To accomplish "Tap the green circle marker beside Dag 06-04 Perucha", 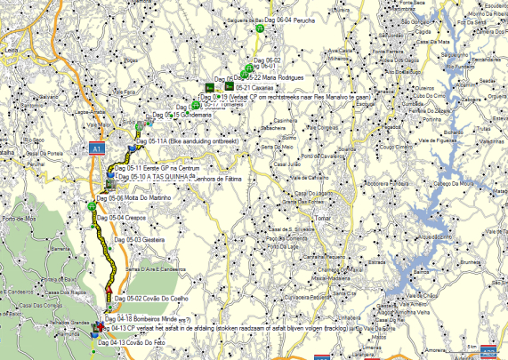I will click(x=259, y=29).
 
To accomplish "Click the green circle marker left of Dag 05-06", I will click(x=92, y=206).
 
